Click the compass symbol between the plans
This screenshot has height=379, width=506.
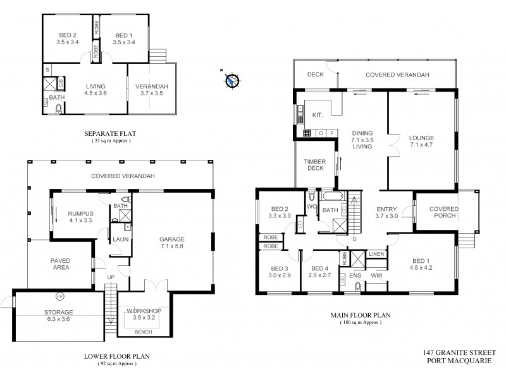pyautogui.click(x=232, y=80)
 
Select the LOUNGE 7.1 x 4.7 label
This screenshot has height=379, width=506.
pyautogui.click(x=421, y=140)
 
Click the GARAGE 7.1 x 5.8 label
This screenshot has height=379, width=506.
pyautogui.click(x=171, y=243)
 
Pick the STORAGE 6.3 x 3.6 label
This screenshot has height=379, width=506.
pyautogui.click(x=59, y=316)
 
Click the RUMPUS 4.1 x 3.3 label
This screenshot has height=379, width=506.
pyautogui.click(x=80, y=218)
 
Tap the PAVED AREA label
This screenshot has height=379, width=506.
pyautogui.click(x=61, y=264)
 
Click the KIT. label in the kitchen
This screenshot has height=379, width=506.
pyautogui.click(x=318, y=114)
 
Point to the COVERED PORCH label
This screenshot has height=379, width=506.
pyautogui.click(x=444, y=213)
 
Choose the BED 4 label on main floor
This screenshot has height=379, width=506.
pyautogui.click(x=319, y=271)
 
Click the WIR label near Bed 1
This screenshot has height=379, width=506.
pyautogui.click(x=378, y=276)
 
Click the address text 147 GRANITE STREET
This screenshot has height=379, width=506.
pyautogui.click(x=463, y=354)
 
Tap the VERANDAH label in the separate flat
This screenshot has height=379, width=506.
pyautogui.click(x=151, y=90)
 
